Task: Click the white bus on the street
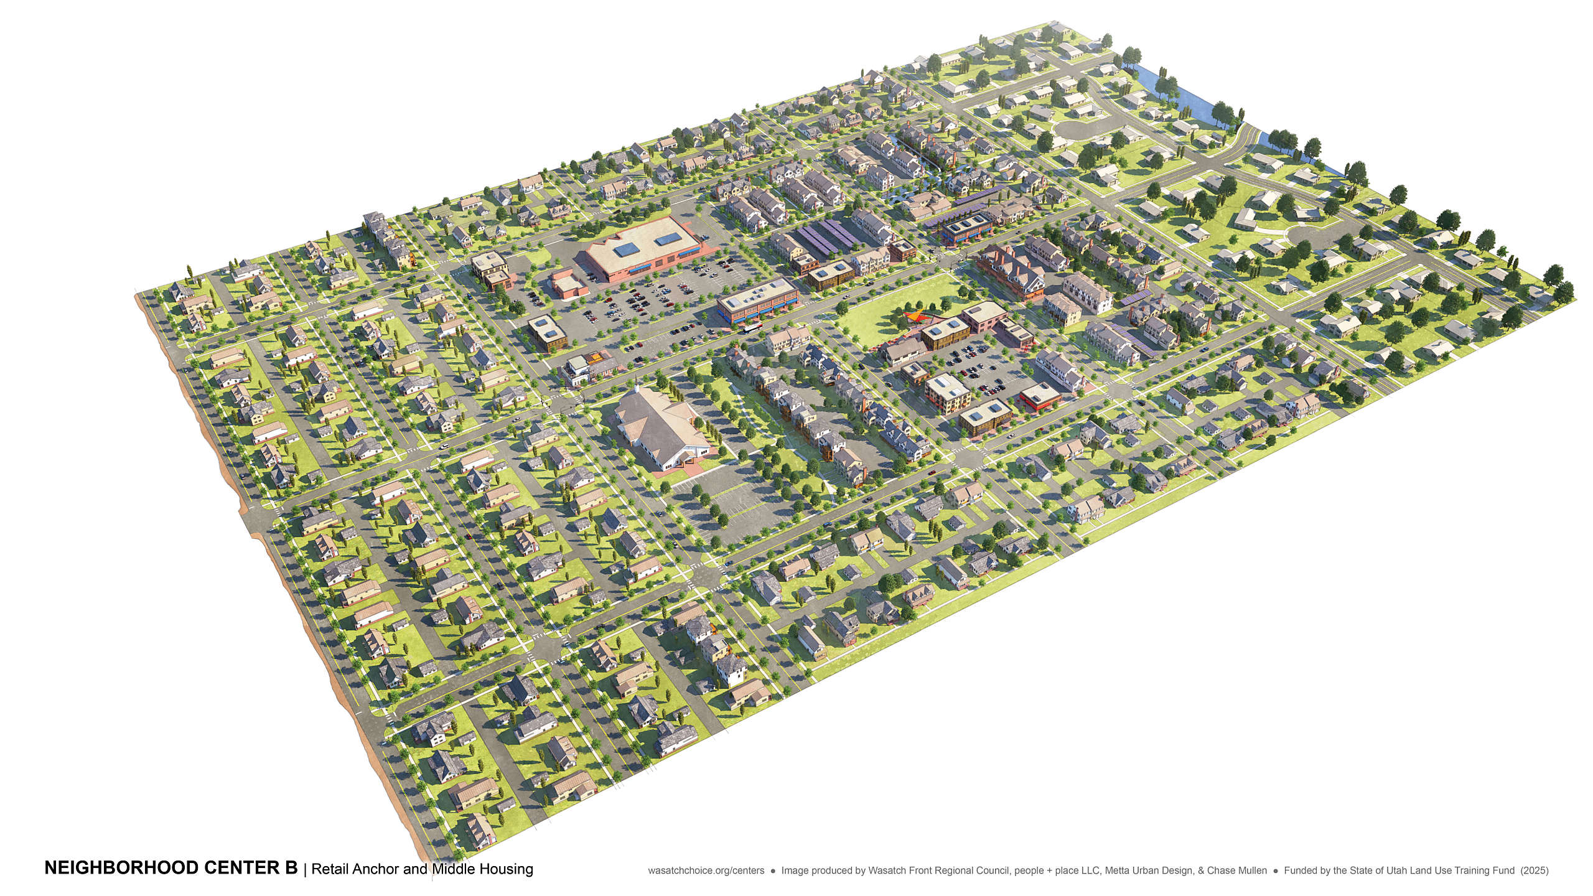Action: point(752,327)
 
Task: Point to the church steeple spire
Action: point(638,390)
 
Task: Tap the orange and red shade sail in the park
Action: point(914,316)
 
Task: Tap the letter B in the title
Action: point(291,868)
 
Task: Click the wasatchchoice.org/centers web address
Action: point(706,870)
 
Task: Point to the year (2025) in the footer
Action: point(1535,870)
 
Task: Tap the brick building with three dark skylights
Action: point(966,225)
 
